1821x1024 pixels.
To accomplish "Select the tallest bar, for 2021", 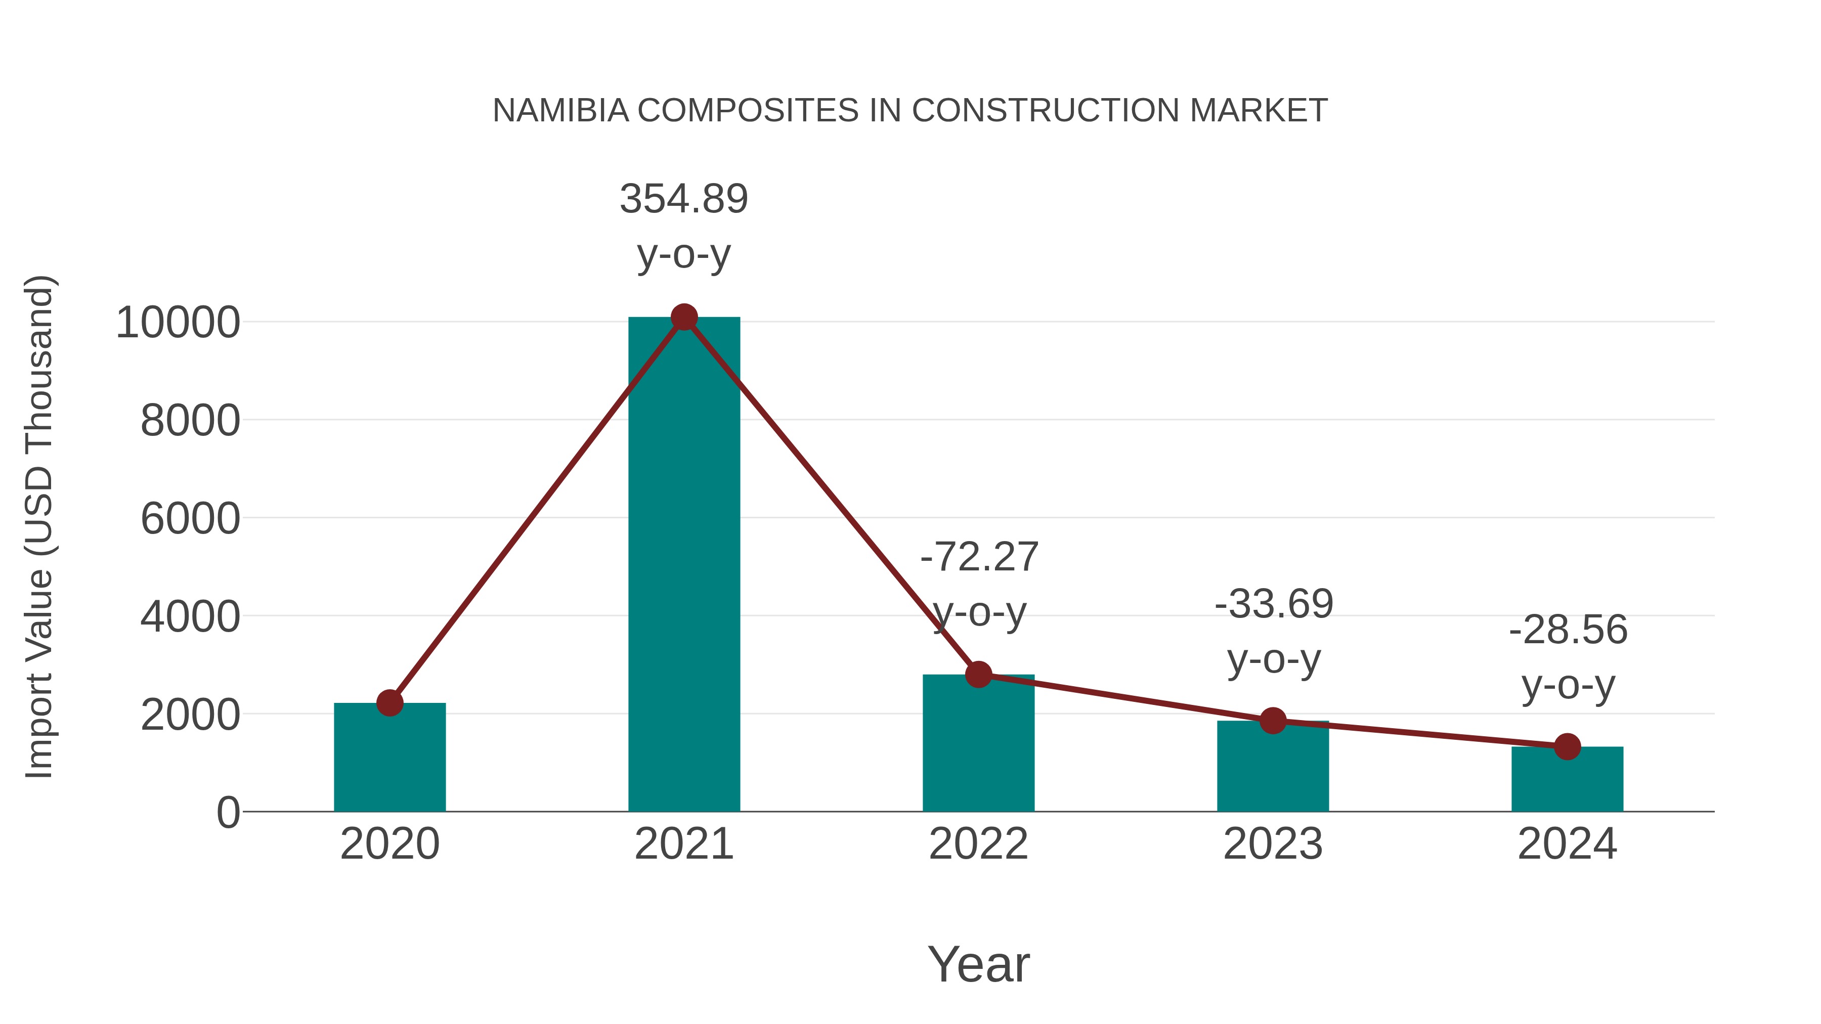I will tap(683, 565).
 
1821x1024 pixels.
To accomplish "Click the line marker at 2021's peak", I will tap(683, 317).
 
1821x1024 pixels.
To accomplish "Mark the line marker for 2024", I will tap(1567, 746).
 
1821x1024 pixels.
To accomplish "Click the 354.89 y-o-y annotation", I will tap(683, 199).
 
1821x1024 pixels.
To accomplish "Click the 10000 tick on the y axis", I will tap(178, 323).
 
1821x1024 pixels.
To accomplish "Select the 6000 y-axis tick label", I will tap(190, 519).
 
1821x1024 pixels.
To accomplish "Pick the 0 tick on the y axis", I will tap(228, 813).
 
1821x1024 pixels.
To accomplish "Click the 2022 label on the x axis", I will tap(978, 844).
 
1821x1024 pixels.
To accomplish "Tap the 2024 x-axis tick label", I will tap(1567, 844).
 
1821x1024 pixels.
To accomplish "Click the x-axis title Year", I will tap(978, 965).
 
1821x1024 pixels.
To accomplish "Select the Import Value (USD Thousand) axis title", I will tap(39, 526).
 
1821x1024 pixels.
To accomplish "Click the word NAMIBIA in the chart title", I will tap(560, 111).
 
